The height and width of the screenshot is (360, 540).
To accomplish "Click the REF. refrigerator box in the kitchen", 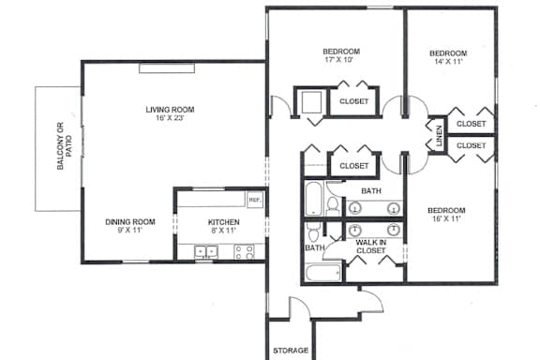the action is point(255,200).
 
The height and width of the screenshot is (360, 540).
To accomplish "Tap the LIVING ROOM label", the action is point(170,110).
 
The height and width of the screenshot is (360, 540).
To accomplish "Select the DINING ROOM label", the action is point(130,222).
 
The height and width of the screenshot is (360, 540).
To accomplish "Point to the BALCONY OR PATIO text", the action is point(65,145).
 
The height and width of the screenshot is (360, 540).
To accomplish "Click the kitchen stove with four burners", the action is point(244,252).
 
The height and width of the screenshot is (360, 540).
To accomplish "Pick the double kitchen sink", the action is point(206,252).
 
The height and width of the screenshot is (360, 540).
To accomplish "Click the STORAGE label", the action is point(291,351).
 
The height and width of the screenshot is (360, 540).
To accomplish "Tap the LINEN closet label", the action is point(439,136).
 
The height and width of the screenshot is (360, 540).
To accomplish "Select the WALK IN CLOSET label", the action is point(371,247).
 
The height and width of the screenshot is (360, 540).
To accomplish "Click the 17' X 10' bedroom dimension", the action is point(339,60).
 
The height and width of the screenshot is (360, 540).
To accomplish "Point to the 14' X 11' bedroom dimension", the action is point(448,62).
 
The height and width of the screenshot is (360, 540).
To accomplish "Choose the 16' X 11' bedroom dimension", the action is point(446,218).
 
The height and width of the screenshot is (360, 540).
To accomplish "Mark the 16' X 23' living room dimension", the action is point(170,118).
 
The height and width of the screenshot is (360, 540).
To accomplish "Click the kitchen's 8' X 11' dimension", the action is point(224,230).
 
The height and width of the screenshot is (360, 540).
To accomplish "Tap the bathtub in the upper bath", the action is point(313,199).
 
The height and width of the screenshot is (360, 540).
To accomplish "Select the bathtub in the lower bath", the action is point(323,273).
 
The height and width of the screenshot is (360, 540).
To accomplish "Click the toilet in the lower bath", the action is point(313,232).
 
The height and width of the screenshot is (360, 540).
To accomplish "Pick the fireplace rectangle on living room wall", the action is point(167,68).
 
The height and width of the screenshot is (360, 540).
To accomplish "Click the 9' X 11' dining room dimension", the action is point(130,230).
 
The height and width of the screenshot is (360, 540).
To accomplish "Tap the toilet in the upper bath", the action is point(333,205).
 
